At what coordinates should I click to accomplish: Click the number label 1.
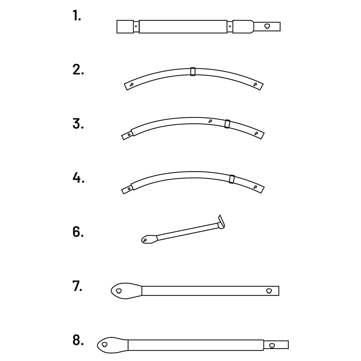[x=77, y=15]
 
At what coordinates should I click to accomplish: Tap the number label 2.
[x=78, y=70]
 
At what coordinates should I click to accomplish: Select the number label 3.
[x=78, y=124]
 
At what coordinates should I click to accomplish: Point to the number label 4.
[x=79, y=177]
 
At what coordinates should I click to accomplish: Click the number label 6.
[x=78, y=232]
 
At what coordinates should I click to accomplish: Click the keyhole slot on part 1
[x=267, y=26]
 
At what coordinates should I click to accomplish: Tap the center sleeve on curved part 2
[x=193, y=72]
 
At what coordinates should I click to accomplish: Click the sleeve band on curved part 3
[x=227, y=124]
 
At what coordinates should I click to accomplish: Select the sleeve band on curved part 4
[x=232, y=179]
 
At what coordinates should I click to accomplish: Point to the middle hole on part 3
[x=210, y=121]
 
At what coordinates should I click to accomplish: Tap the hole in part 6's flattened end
[x=145, y=240]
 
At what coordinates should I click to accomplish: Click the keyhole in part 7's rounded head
[x=119, y=291]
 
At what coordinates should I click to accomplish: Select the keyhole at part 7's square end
[x=269, y=291]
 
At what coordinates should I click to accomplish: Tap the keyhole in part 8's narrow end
[x=272, y=345]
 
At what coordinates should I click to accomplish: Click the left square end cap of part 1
[x=125, y=26]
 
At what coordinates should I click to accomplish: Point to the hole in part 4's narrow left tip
[x=129, y=189]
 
